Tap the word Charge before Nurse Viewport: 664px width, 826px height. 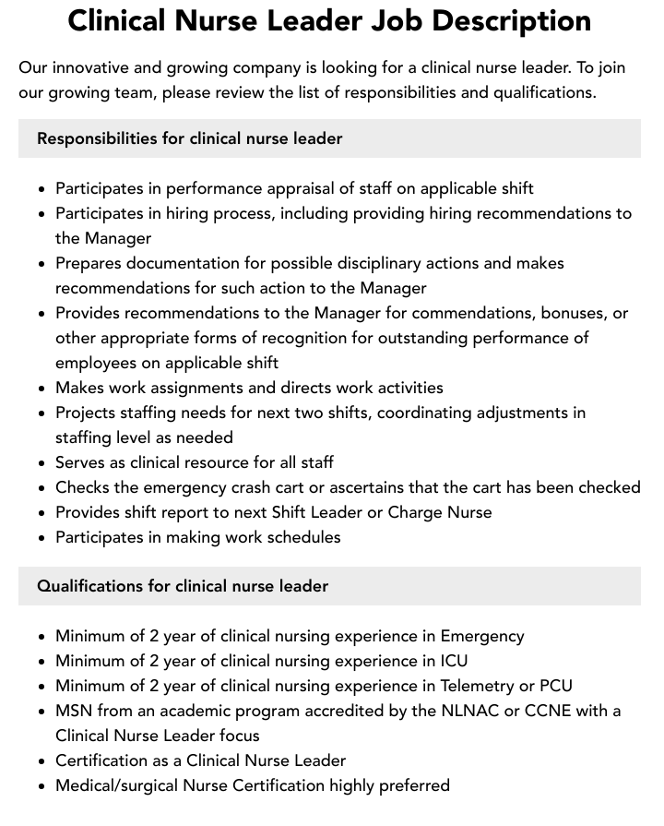[x=404, y=512]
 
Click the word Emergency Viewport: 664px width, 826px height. [x=482, y=636]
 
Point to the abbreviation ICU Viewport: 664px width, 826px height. [x=453, y=661]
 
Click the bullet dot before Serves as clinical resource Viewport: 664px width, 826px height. [x=41, y=463]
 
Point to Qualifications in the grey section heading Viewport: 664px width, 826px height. [x=90, y=586]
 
